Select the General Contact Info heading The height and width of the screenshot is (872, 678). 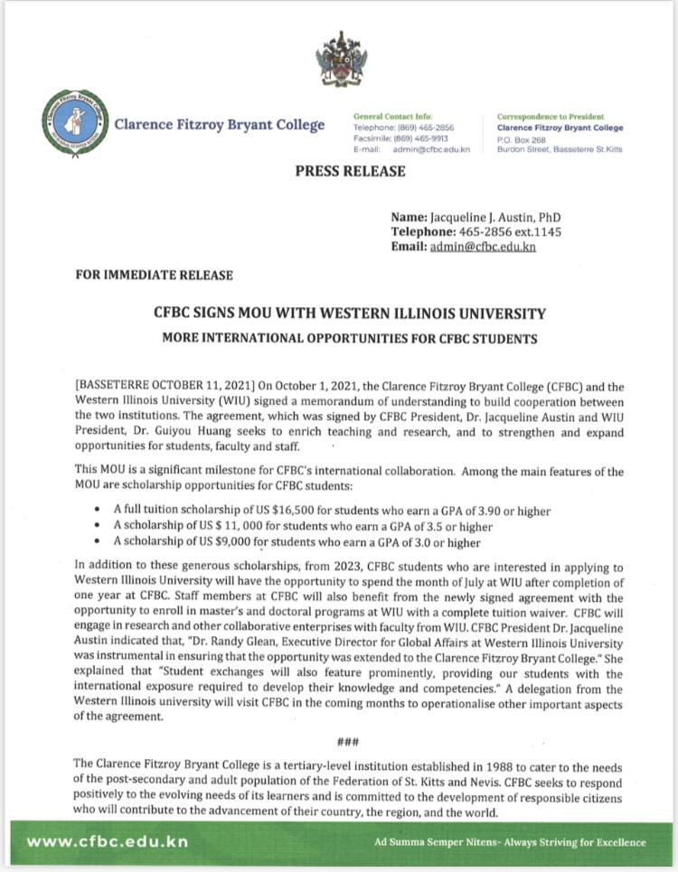[x=392, y=117]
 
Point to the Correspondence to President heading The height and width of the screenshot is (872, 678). [x=555, y=117]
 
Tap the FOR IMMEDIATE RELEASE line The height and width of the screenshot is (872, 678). [x=155, y=275]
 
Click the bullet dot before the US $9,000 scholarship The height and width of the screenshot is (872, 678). [x=97, y=543]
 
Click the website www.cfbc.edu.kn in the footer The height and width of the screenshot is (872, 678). [x=108, y=842]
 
